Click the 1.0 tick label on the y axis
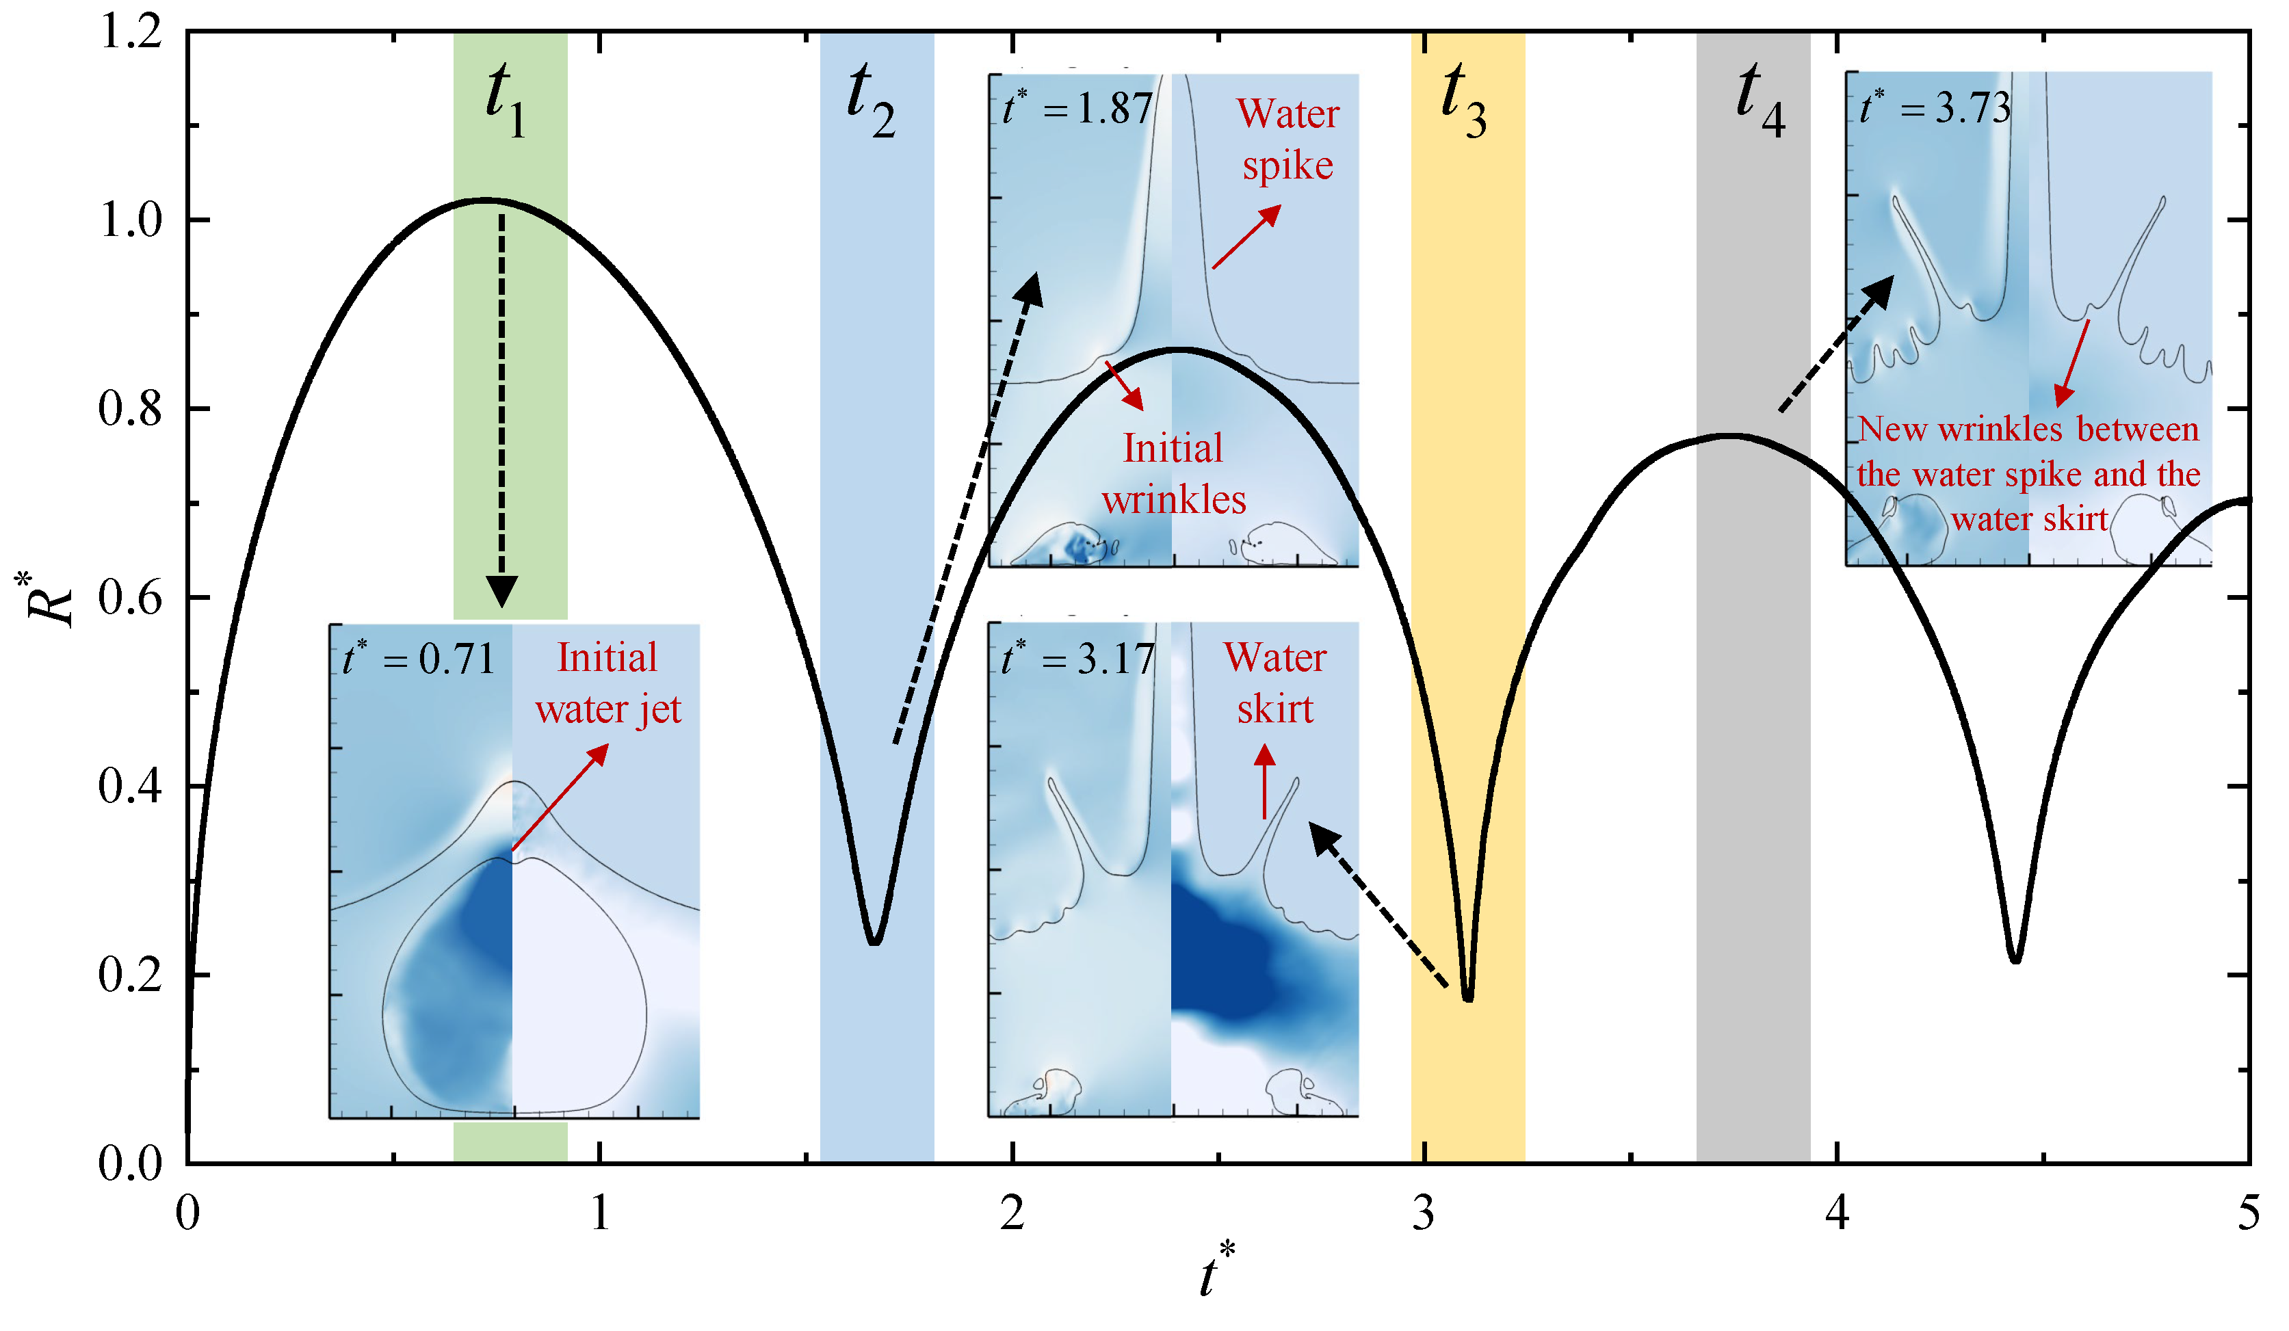click(130, 220)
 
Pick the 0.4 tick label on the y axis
click(130, 787)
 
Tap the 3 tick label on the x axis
click(1424, 1213)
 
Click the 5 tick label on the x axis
click(2248, 1213)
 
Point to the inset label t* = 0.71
click(419, 657)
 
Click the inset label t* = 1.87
click(1078, 108)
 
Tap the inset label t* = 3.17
click(1078, 657)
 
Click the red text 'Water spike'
click(1288, 139)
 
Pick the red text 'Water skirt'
click(1275, 683)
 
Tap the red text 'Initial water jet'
click(607, 683)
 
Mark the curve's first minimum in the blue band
click(874, 943)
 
